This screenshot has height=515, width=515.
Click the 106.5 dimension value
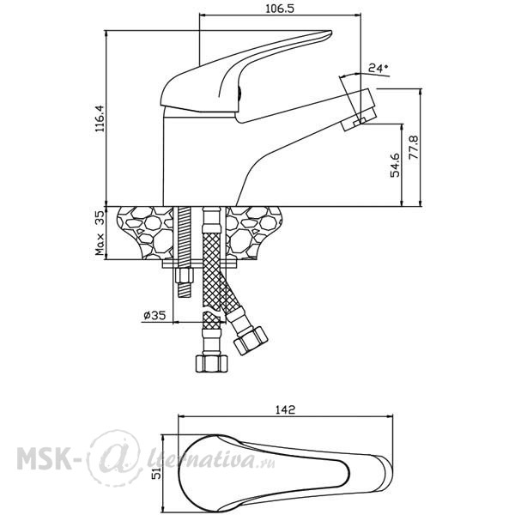(280, 8)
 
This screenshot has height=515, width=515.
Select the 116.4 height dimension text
(100, 118)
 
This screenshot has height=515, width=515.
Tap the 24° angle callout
(379, 68)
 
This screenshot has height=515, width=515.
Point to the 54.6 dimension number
(395, 165)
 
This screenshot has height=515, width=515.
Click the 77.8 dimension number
(414, 147)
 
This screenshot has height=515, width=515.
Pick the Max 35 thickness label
(100, 233)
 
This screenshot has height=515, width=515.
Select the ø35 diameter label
(154, 315)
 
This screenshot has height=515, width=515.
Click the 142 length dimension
(286, 409)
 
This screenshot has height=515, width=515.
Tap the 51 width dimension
(158, 473)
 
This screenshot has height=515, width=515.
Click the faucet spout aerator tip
(359, 110)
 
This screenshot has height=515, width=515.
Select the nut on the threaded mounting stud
(185, 276)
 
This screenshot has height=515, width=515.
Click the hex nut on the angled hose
(251, 341)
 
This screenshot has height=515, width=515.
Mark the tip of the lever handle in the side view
(331, 33)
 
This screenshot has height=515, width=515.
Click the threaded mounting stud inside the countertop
(185, 233)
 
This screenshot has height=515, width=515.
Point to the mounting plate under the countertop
(200, 264)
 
